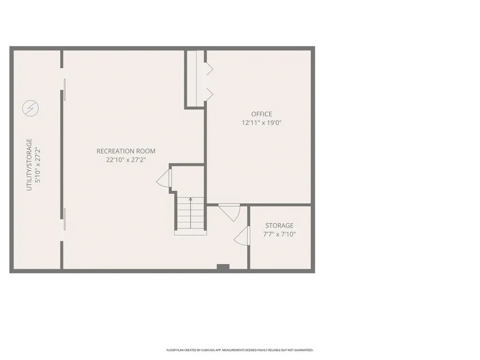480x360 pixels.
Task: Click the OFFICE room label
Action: [261, 114]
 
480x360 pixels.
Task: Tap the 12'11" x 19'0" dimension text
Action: [261, 123]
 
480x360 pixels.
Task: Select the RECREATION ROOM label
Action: [126, 151]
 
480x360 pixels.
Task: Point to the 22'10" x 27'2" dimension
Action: [126, 160]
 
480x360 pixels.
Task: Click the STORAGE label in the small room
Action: [279, 225]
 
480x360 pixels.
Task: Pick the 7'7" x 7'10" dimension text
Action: [279, 234]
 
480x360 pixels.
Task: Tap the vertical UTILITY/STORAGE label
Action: [29, 164]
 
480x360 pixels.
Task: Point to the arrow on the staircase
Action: [190, 200]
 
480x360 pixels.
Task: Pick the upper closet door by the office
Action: [209, 69]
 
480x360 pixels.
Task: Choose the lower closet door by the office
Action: [209, 94]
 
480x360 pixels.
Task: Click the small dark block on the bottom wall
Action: [223, 267]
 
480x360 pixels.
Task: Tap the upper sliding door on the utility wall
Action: [64, 89]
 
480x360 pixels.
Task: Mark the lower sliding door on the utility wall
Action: [64, 219]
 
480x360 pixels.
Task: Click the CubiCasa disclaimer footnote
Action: [240, 350]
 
